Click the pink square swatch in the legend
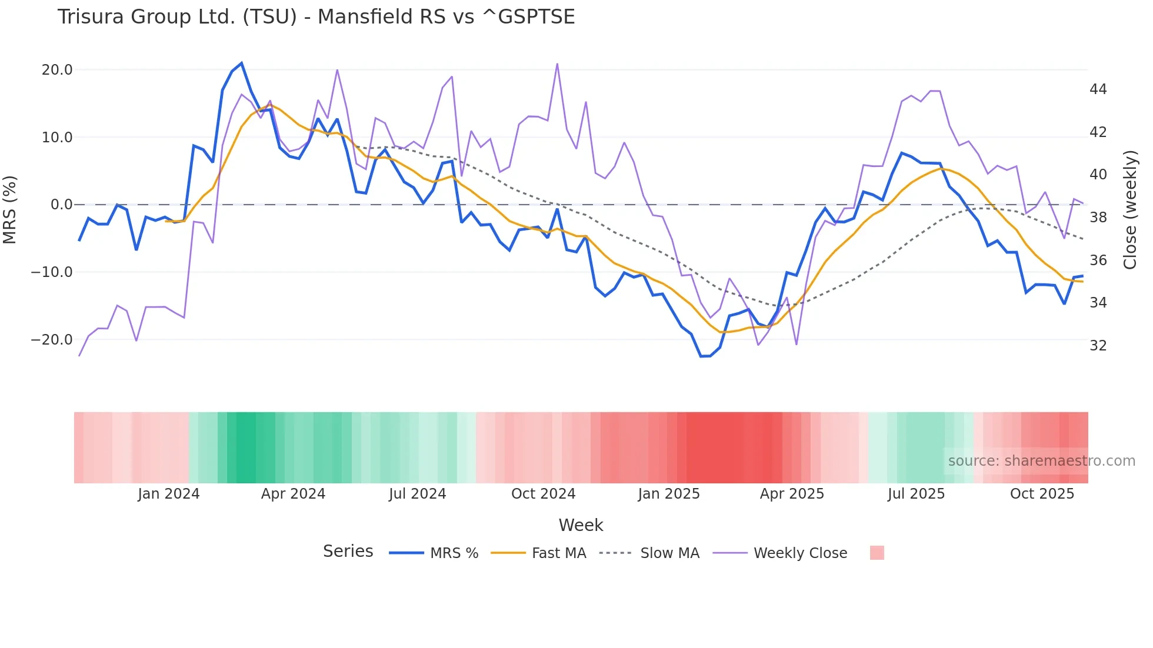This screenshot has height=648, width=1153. pos(877,553)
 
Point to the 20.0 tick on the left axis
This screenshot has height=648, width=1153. pos(57,70)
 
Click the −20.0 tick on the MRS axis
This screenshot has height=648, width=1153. pos(52,340)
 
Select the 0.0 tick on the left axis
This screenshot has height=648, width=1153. pos(61,205)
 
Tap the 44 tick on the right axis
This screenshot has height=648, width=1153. pos(1098,89)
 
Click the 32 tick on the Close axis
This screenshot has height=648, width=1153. pos(1098,346)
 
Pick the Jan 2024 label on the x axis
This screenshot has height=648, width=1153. pos(169,494)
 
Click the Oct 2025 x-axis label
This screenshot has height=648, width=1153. pos(1042,494)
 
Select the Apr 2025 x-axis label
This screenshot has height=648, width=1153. pos(792,494)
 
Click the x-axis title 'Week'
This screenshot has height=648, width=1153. pos(581,525)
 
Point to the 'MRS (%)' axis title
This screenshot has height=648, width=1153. pos(10,209)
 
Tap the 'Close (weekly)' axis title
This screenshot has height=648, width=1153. pos(1129,209)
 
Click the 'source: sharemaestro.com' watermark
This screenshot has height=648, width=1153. pos(1041,461)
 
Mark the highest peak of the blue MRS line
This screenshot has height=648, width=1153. pos(242,63)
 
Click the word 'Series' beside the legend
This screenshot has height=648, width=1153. pos(348,552)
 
